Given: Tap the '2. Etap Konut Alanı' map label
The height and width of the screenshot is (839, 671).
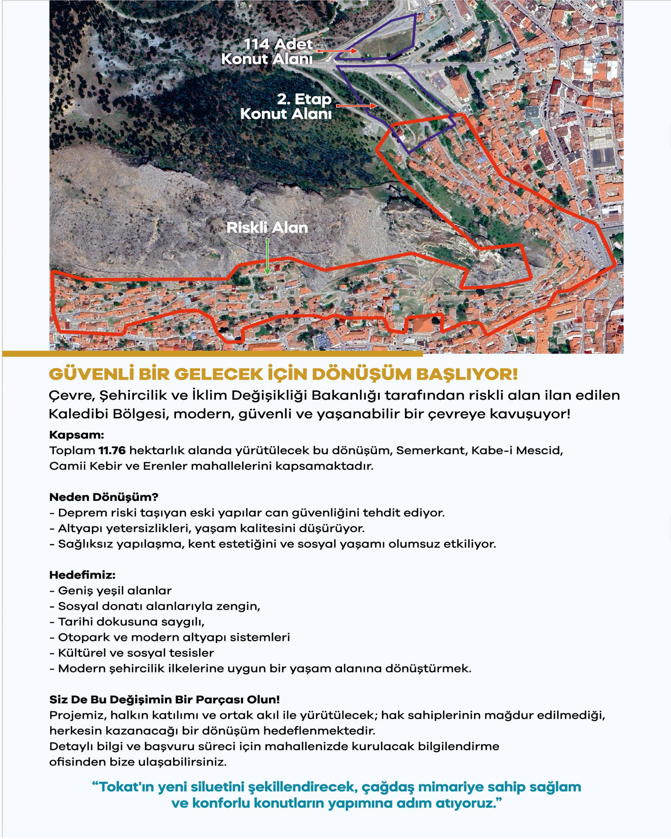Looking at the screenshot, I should point(286,106).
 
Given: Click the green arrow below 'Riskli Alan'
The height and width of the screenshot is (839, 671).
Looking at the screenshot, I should point(267,257).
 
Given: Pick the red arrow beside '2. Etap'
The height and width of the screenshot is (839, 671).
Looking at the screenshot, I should point(356,106).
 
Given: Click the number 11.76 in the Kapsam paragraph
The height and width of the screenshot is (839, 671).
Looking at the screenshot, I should point(112,451).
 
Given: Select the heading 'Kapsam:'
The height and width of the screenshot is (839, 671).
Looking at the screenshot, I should point(77,435).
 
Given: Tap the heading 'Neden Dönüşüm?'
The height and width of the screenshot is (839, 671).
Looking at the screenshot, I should point(104,497).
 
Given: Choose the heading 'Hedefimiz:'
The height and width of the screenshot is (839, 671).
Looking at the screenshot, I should point(82,575).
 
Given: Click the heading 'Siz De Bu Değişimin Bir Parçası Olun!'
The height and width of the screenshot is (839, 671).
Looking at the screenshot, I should point(164,700).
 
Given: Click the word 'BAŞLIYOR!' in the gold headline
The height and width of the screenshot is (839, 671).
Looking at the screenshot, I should point(467,374).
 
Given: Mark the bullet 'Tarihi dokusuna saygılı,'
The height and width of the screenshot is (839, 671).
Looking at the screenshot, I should point(131,622).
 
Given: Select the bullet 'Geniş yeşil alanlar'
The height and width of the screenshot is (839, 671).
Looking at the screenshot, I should point(115,591).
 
